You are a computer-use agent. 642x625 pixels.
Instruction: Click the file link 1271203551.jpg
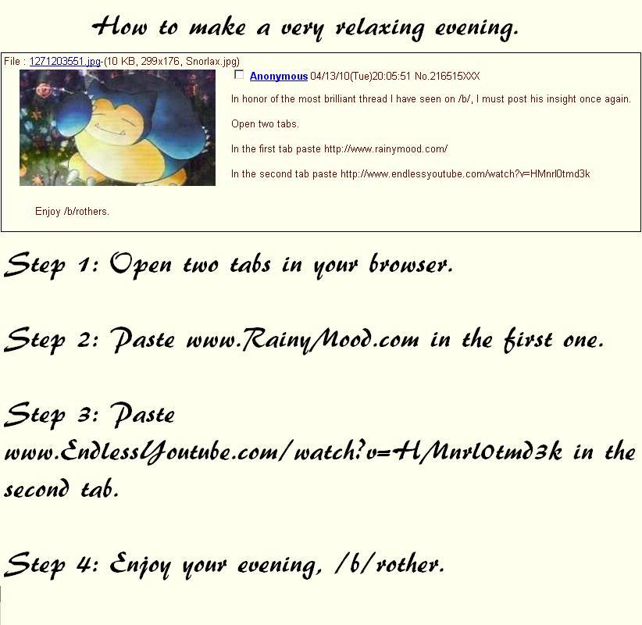point(65,62)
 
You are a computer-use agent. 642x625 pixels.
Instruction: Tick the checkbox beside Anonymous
point(239,74)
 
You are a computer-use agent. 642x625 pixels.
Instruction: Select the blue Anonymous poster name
point(279,77)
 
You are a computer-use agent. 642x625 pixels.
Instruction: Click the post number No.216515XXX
point(447,77)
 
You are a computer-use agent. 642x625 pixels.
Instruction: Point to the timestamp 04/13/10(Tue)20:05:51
point(360,77)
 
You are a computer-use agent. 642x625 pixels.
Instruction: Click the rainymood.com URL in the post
point(386,149)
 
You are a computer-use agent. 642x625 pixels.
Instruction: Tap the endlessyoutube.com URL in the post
point(465,174)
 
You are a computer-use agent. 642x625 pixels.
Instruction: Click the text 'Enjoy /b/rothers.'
point(72,212)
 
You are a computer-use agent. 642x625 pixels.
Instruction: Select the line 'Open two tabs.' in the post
point(265,124)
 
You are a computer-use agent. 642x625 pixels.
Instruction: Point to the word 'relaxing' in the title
point(380,29)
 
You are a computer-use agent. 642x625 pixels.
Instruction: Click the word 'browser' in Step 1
point(411,264)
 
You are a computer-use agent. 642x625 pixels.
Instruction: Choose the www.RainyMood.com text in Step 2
point(302,340)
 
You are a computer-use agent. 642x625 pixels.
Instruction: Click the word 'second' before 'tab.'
point(37,488)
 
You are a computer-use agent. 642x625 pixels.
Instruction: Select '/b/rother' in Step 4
point(390,564)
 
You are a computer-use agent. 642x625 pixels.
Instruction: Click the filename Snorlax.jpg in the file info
point(212,62)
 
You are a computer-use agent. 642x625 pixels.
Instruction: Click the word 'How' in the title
point(119,27)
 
